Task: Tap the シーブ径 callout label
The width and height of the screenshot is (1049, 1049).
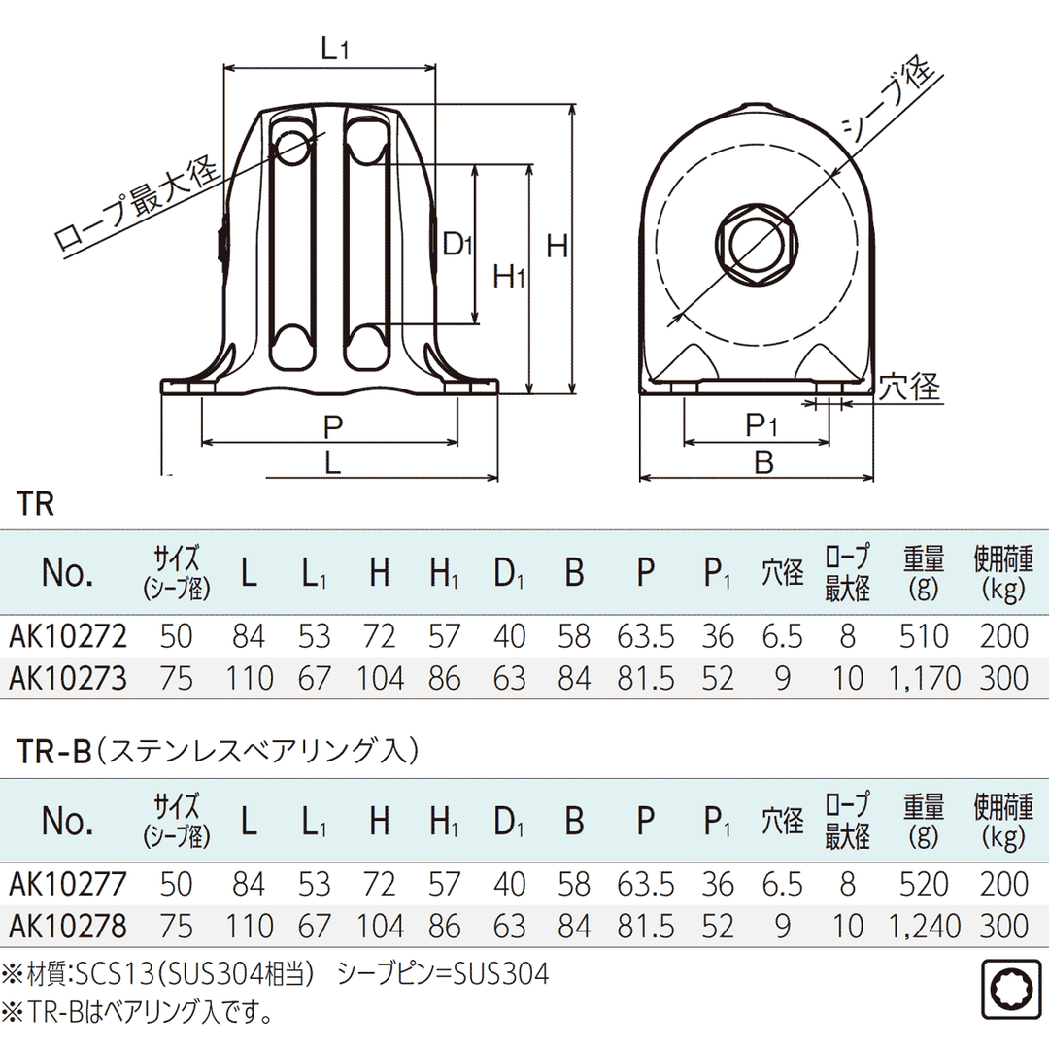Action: click(887, 100)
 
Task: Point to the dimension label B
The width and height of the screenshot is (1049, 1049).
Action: click(764, 462)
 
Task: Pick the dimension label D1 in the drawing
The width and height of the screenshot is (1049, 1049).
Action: click(457, 245)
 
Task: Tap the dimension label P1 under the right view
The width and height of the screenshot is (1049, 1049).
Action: click(763, 424)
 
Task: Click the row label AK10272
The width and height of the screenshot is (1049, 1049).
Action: click(68, 636)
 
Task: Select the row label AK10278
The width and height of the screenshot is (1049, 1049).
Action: click(68, 926)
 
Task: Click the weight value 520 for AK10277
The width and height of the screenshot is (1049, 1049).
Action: click(924, 884)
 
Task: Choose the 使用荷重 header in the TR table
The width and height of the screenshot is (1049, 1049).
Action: click(1009, 573)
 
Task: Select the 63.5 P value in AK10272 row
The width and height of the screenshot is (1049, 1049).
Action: click(646, 636)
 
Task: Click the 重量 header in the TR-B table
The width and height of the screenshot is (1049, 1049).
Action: click(924, 821)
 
